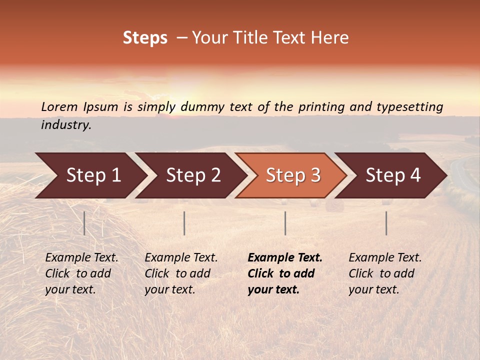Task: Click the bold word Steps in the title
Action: click(145, 38)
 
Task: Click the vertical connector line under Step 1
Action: click(84, 223)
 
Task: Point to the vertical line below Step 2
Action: click(184, 223)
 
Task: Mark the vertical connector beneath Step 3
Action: click(285, 223)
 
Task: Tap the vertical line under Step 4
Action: click(386, 223)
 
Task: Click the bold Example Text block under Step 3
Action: click(285, 273)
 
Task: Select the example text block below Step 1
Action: click(81, 273)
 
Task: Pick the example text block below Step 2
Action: click(181, 273)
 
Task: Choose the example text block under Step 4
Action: click(385, 273)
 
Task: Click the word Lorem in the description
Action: click(59, 106)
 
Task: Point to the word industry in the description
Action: click(66, 124)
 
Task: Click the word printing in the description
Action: click(322, 106)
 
